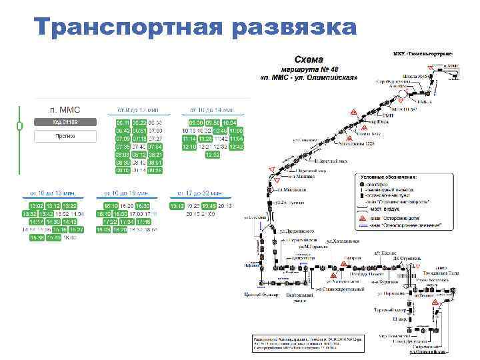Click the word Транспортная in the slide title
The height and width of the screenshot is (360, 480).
(127, 28)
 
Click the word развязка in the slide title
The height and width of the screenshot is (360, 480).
(296, 28)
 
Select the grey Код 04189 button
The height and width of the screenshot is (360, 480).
(65, 122)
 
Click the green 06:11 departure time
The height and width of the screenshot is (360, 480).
(123, 123)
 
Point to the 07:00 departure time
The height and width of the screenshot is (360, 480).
(155, 131)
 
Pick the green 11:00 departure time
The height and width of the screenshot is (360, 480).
(237, 131)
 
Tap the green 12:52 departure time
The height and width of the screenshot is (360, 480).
(212, 154)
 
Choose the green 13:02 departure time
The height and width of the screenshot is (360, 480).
(36, 206)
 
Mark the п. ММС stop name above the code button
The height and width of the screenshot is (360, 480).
(65, 109)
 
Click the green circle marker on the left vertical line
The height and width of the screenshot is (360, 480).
(20, 125)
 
